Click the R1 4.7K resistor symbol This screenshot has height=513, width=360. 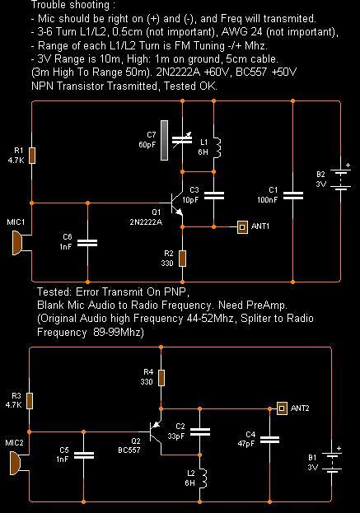pyautogui.click(x=32, y=156)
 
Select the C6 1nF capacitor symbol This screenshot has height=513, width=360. pyautogui.click(x=87, y=243)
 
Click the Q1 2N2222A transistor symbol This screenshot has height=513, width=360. pyautogui.click(x=175, y=203)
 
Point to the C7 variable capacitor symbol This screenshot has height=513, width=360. pyautogui.click(x=182, y=141)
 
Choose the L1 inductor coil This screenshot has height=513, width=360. pyautogui.click(x=217, y=148)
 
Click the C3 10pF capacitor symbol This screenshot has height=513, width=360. pyautogui.click(x=213, y=196)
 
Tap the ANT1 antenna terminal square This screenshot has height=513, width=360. pyautogui.click(x=242, y=226)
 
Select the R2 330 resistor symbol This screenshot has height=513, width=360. pyautogui.click(x=183, y=259)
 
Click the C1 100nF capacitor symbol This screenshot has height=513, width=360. pyautogui.click(x=293, y=196)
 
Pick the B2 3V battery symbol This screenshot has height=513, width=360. pyautogui.click(x=340, y=180)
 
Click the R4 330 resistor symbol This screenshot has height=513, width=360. pyautogui.click(x=161, y=378)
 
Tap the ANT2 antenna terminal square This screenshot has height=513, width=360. pyautogui.click(x=282, y=408)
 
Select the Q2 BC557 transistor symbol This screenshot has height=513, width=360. pyautogui.click(x=156, y=431)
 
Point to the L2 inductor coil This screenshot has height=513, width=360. pyautogui.click(x=203, y=478)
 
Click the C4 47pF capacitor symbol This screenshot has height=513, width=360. pyautogui.click(x=270, y=440)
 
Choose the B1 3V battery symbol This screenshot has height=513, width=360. pyautogui.click(x=332, y=462)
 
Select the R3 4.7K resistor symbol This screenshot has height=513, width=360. pyautogui.click(x=30, y=401)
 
